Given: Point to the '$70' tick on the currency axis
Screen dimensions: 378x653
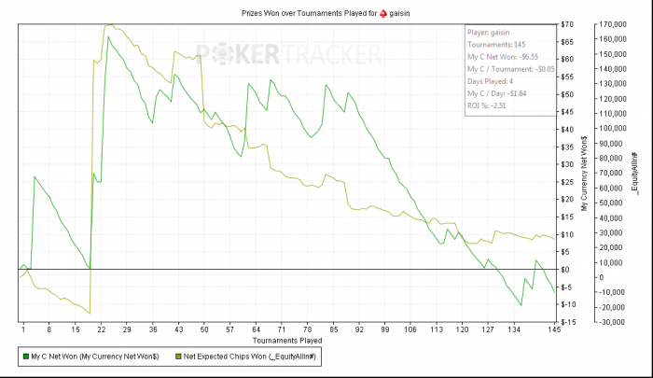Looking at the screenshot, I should point(567,23).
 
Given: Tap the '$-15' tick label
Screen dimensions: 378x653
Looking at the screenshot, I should point(568,322).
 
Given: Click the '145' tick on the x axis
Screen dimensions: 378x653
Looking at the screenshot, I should point(554,329).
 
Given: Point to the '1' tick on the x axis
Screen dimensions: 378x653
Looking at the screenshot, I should point(21,329).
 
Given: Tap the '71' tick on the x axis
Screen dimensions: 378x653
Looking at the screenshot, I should point(282,329).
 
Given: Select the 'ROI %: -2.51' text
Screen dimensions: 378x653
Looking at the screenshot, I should point(486,105).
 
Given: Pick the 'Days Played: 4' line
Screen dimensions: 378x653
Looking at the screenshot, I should point(493,81).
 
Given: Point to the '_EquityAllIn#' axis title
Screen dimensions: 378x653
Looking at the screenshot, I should point(637,173).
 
